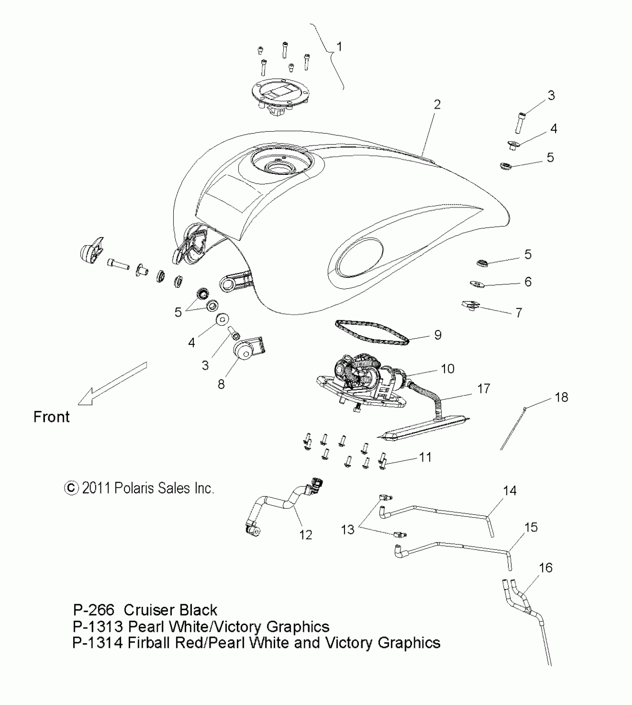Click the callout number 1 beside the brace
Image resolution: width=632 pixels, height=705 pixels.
pyautogui.click(x=339, y=47)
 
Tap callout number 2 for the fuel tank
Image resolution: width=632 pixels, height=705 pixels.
pyautogui.click(x=437, y=105)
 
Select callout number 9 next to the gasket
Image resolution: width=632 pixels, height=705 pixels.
pyautogui.click(x=438, y=335)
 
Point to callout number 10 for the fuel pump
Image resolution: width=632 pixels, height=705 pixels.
pyautogui.click(x=448, y=369)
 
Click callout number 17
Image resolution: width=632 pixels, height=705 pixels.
pyautogui.click(x=483, y=389)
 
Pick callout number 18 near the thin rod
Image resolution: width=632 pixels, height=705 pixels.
pyautogui.click(x=561, y=397)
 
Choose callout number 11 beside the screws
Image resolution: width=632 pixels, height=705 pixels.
pyautogui.click(x=425, y=457)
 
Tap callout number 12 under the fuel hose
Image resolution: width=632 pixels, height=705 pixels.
pyautogui.click(x=306, y=535)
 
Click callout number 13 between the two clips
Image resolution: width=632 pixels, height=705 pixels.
pyautogui.click(x=348, y=529)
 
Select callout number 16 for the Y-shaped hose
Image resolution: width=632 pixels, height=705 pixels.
pyautogui.click(x=545, y=567)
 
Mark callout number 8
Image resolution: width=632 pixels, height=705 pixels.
pyautogui.click(x=221, y=384)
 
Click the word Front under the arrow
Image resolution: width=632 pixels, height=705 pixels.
pyautogui.click(x=51, y=417)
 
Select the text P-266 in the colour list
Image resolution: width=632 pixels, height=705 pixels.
pyautogui.click(x=94, y=610)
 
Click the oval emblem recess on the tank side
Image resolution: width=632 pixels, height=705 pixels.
pyautogui.click(x=359, y=257)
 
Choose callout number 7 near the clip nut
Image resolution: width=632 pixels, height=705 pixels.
pyautogui.click(x=519, y=313)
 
